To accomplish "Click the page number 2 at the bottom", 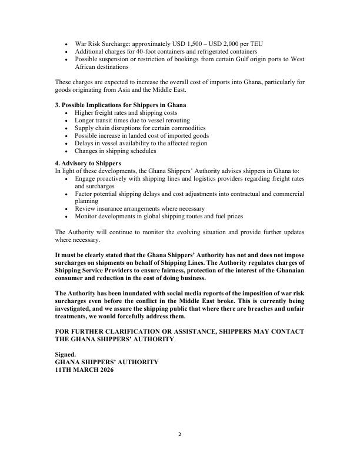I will click(180, 435).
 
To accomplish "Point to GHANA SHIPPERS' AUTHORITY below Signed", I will click(106, 362).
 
